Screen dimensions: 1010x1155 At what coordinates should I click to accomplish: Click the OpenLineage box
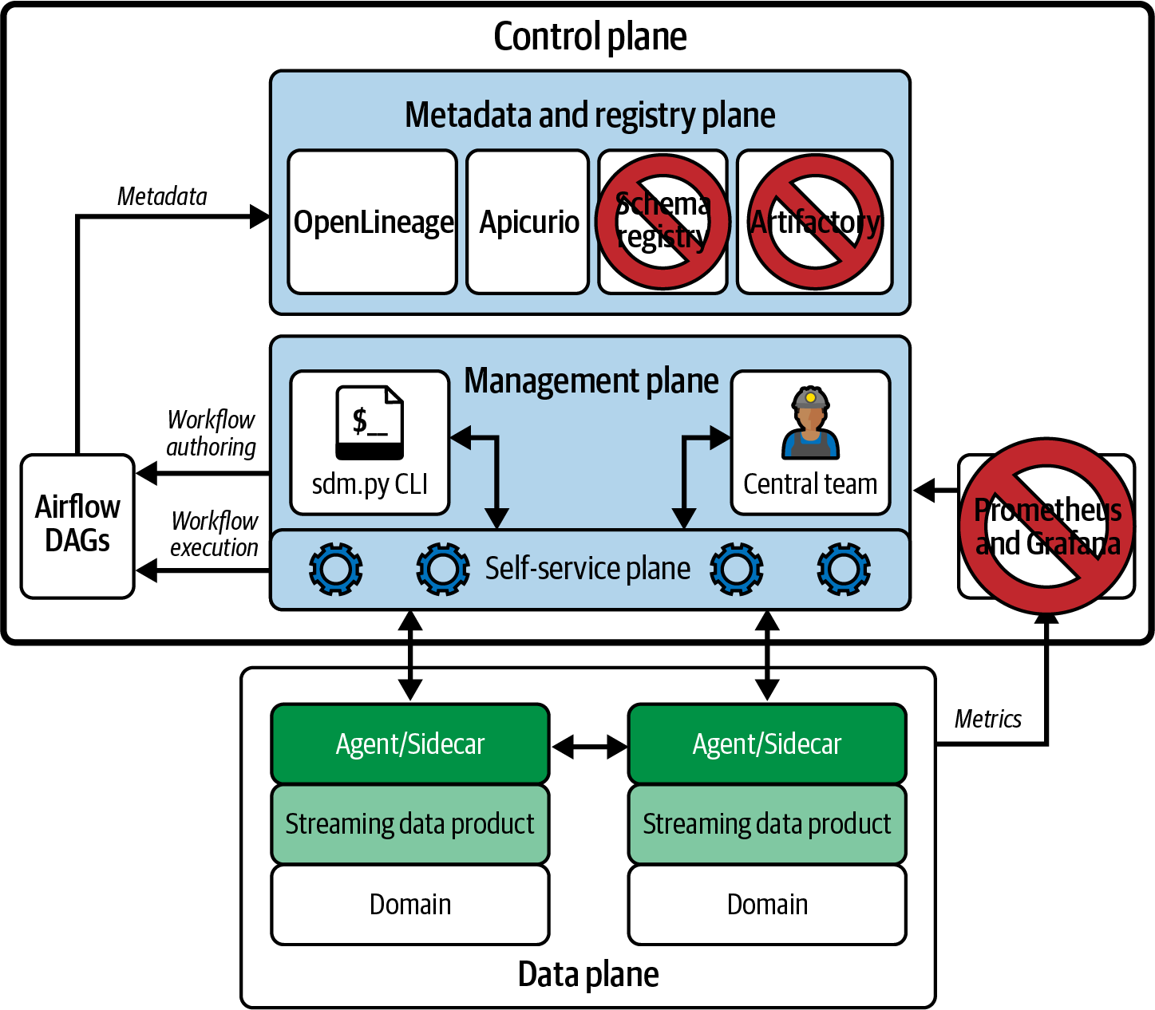(x=372, y=222)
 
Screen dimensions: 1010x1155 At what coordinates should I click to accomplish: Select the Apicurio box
(x=528, y=222)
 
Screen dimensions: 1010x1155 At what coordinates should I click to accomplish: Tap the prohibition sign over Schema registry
(x=663, y=222)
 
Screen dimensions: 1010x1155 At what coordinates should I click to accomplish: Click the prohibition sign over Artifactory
(x=815, y=222)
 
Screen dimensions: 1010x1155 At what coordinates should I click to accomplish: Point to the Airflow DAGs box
(x=77, y=526)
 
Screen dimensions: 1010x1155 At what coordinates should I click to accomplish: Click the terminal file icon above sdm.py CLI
(x=370, y=423)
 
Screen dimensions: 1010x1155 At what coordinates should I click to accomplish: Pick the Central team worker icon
(x=811, y=424)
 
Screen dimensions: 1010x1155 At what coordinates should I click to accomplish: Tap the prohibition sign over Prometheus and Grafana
(x=1046, y=526)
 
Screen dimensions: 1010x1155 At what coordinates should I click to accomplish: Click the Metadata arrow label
(x=162, y=196)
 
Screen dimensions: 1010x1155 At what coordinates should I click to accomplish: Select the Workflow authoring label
(x=211, y=433)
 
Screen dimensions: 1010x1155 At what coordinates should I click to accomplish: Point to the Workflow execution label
(x=214, y=535)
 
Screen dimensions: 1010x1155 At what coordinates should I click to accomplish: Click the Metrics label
(x=988, y=719)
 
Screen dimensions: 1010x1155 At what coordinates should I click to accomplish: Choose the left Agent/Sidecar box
(x=410, y=744)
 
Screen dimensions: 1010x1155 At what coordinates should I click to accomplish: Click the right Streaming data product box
(x=767, y=824)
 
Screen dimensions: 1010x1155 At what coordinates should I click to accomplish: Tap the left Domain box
(x=410, y=905)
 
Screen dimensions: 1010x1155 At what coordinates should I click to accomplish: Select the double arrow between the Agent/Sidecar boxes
(x=590, y=747)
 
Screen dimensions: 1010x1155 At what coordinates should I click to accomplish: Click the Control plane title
(x=590, y=37)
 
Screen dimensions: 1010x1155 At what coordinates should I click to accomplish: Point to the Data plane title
(x=588, y=974)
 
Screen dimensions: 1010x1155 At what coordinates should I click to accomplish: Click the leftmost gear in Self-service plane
(x=335, y=569)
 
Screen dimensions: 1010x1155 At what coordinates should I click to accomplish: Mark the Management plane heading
(x=591, y=381)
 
